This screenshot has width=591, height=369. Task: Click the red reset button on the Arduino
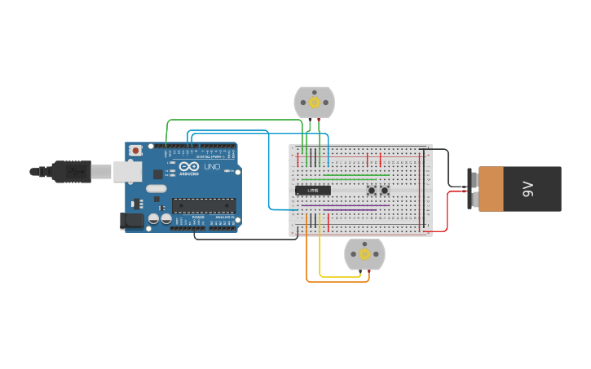(135, 150)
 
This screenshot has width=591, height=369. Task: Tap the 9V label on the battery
(527, 189)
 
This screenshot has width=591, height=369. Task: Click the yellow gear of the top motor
(314, 103)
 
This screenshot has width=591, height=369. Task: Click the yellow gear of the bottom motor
(364, 254)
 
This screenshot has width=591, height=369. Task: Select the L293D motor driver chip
(313, 191)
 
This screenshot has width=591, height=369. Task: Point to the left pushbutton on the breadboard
(372, 191)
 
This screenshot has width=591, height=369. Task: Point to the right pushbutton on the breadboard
(385, 191)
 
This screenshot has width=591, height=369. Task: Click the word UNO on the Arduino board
(211, 167)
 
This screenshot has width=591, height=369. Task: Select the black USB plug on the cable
(71, 171)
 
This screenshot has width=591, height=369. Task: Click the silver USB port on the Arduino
(127, 171)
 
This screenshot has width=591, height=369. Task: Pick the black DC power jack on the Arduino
(131, 220)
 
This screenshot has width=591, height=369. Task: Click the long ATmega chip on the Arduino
(204, 205)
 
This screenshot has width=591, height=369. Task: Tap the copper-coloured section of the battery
(491, 189)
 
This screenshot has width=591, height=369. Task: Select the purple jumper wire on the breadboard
(351, 209)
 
